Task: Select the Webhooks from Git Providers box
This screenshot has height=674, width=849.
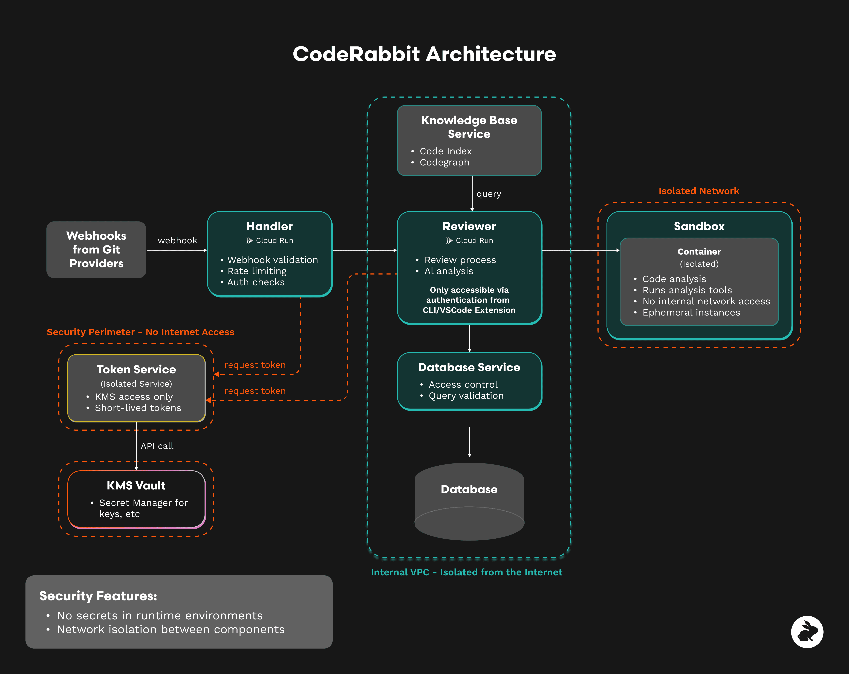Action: click(x=96, y=249)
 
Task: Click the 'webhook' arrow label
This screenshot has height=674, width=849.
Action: click(x=177, y=240)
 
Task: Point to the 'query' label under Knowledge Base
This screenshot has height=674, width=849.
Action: click(x=489, y=194)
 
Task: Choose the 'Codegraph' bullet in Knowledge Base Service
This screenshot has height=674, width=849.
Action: click(x=444, y=162)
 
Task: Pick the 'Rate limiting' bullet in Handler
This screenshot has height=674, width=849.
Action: click(x=257, y=271)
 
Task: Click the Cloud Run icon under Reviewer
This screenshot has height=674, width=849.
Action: click(x=449, y=240)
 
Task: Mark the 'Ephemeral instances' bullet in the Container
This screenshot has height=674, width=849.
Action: click(x=691, y=312)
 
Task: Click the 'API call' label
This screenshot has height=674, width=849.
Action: click(x=157, y=446)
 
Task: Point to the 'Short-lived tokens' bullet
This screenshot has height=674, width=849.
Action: click(x=138, y=408)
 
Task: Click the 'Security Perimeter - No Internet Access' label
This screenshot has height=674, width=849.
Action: click(x=140, y=332)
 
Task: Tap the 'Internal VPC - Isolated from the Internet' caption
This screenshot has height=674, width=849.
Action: click(x=466, y=572)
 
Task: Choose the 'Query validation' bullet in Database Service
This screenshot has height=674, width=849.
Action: click(x=466, y=396)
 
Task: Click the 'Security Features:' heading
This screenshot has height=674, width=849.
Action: click(x=98, y=596)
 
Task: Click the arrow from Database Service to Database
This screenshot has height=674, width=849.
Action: click(x=469, y=441)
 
